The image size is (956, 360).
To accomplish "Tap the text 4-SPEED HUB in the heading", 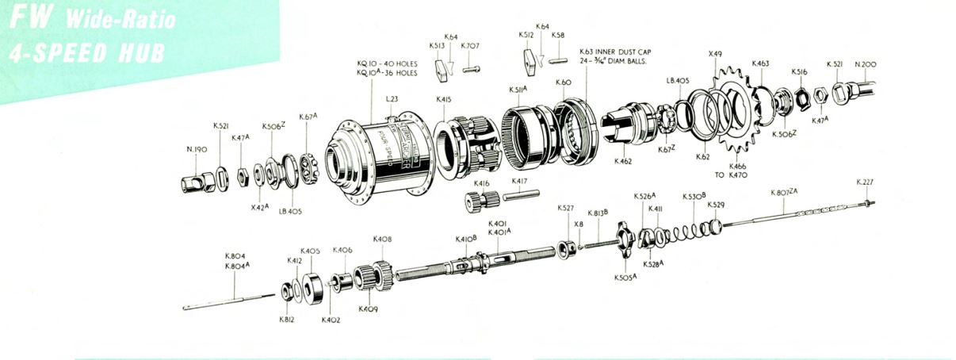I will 86,52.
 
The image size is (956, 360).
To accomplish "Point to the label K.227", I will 865,182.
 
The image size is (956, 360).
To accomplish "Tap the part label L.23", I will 392,99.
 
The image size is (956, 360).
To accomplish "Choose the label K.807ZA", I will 785,193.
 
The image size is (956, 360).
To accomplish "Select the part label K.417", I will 519,182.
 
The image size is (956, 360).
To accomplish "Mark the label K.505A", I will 625,278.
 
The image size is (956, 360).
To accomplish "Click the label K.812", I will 287,320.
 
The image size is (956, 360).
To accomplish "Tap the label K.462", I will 622,162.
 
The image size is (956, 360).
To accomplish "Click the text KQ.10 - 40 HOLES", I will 387,63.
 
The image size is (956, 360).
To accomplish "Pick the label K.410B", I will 465,239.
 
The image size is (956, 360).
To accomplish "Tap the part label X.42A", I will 260,207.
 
